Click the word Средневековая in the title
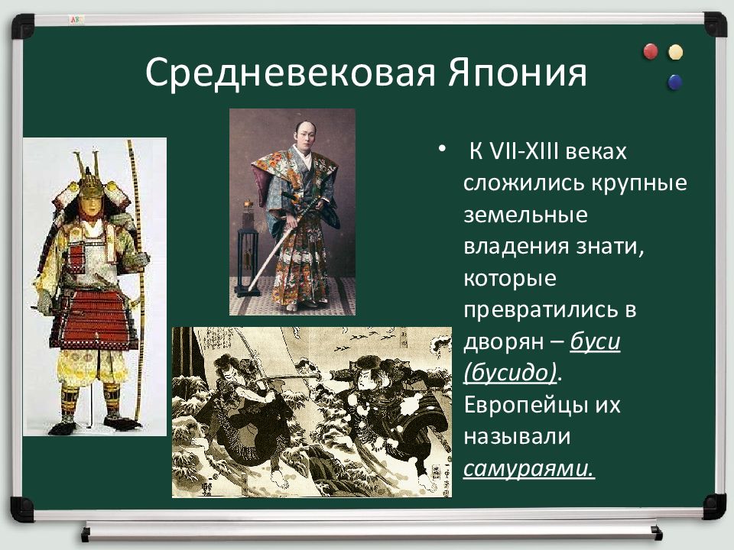click(291, 73)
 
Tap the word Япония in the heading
click(518, 73)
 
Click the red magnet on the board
click(651, 51)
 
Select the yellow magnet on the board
click(675, 52)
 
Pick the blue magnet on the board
click(675, 82)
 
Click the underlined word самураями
click(529, 468)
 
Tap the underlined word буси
click(595, 341)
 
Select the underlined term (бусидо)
click(511, 373)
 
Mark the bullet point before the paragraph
click(441, 149)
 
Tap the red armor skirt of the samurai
click(93, 318)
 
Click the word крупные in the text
click(639, 183)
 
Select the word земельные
click(525, 215)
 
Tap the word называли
click(517, 436)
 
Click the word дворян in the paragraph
click(504, 342)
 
